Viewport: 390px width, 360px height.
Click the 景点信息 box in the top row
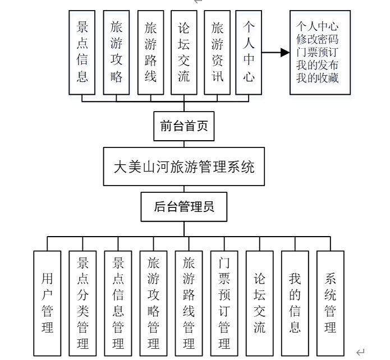click(82, 52)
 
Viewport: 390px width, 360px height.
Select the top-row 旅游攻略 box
click(117, 52)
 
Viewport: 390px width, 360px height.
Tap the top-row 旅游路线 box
click(150, 52)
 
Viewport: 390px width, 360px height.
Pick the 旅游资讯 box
click(217, 52)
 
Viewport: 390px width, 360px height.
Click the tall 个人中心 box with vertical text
click(249, 52)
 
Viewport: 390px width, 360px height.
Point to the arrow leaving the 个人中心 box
click(276, 53)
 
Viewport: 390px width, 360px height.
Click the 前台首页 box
click(183, 126)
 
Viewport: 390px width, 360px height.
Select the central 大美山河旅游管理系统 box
click(184, 167)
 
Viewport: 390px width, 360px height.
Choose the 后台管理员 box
click(184, 207)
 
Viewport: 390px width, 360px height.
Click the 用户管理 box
click(47, 303)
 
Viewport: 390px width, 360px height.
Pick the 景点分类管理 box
click(82, 303)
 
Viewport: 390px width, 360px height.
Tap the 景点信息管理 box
click(118, 303)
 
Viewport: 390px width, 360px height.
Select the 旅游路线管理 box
click(189, 303)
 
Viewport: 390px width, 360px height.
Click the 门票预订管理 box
click(224, 303)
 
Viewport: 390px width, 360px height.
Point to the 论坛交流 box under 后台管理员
click(259, 303)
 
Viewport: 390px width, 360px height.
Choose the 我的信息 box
click(295, 303)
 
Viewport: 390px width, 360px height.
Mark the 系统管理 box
click(331, 303)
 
